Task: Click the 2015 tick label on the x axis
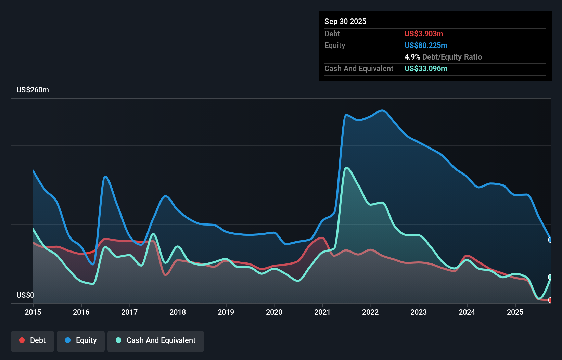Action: (x=33, y=312)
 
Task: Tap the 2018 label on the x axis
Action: (x=178, y=312)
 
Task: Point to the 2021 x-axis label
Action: (x=322, y=312)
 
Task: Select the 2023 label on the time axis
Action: (x=419, y=312)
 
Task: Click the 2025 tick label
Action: (x=515, y=312)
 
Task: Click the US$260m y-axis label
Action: (x=33, y=90)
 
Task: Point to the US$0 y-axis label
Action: (x=25, y=295)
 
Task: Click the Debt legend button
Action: (x=33, y=340)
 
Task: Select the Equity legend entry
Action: (x=81, y=340)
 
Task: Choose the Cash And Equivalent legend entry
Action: (x=156, y=340)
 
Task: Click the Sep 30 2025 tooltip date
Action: (x=345, y=21)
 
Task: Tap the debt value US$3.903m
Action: (x=424, y=34)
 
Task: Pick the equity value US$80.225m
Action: (x=426, y=45)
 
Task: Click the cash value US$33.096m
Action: (x=426, y=68)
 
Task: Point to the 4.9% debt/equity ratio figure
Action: (x=412, y=57)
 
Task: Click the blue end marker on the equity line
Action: (x=550, y=240)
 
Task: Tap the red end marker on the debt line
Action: (x=550, y=300)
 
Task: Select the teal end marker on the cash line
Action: (x=550, y=277)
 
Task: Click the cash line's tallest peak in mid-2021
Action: (x=346, y=167)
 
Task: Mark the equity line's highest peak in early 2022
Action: (x=382, y=110)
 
